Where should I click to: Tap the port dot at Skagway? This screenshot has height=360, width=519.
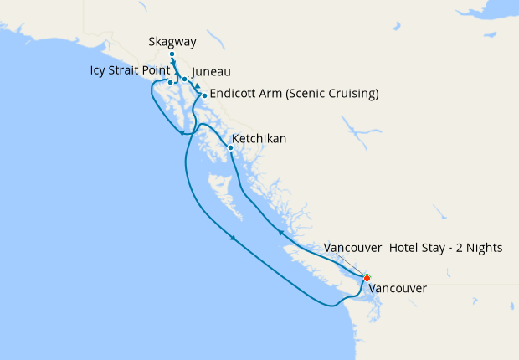[x=172, y=55]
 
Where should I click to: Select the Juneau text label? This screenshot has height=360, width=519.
[x=211, y=72]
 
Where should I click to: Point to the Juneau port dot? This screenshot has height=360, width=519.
[x=184, y=80]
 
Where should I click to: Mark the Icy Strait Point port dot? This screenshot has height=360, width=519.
[x=170, y=82]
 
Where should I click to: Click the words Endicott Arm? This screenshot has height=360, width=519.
[x=246, y=94]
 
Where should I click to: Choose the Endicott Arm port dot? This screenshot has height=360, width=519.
[x=204, y=95]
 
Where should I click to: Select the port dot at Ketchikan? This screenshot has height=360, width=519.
[x=231, y=148]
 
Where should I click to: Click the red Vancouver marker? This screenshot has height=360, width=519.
[x=367, y=278]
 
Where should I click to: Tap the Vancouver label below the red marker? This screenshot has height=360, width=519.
[x=398, y=289]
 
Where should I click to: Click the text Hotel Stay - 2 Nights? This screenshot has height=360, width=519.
[x=445, y=249]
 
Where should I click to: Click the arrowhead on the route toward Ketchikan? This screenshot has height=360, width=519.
[x=281, y=232]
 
